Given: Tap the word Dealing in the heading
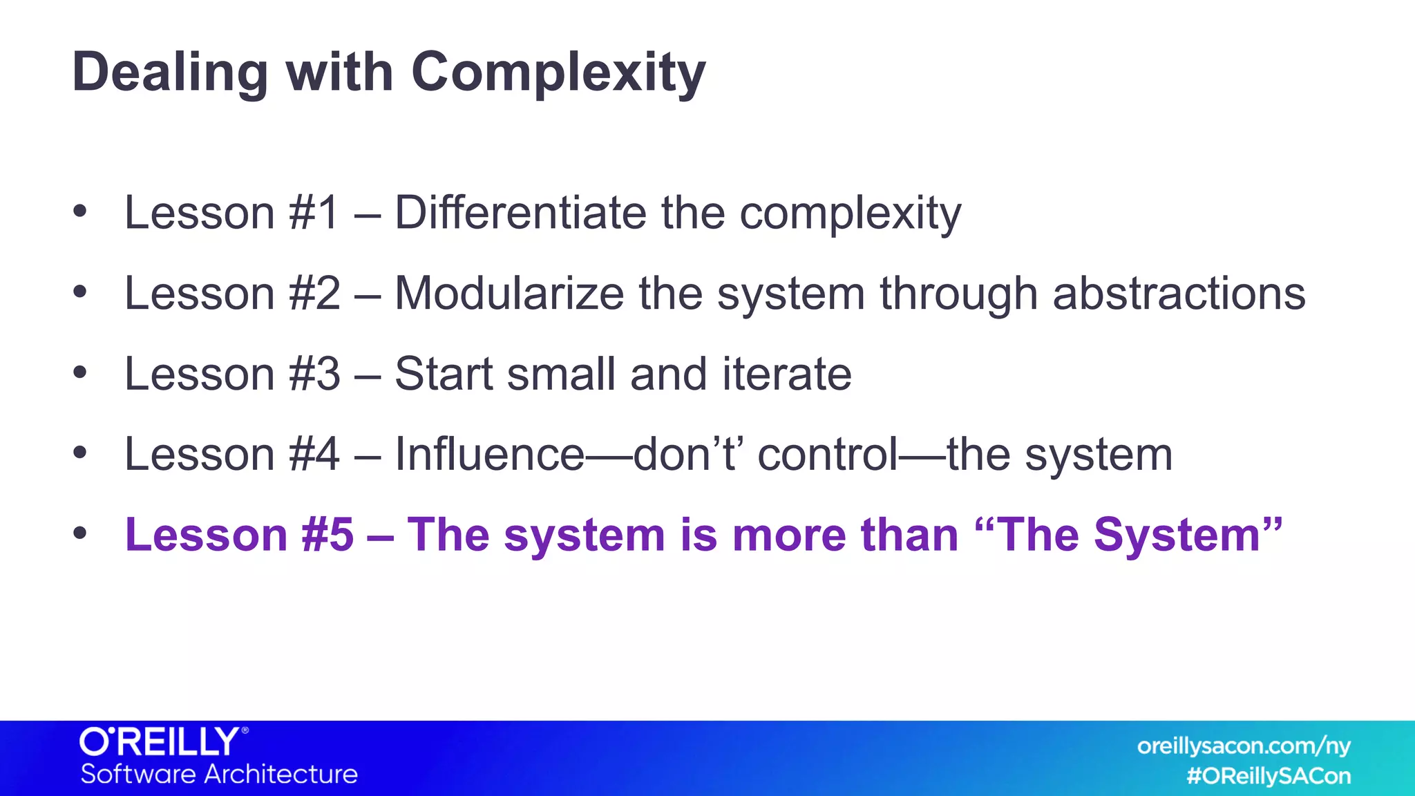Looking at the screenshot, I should pos(170,73).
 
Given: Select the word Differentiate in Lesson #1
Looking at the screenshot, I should pos(520,212).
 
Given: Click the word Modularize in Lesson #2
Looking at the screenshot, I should pos(509,294).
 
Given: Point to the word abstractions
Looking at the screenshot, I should pos(1179,294).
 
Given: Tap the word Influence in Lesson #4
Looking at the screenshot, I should pos(490,455).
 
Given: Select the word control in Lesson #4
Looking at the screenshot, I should pos(828,455).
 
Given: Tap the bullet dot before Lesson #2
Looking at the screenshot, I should pos(80,292).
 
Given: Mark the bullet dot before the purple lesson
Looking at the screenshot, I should pos(80,533).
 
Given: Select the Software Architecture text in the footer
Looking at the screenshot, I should pos(219,774).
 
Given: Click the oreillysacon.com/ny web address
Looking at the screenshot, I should pos(1243,746).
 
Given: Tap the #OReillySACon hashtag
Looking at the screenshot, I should pos(1268,776).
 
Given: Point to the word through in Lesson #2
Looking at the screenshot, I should pos(958,294).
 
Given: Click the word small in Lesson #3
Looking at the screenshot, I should pos(560,374).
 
